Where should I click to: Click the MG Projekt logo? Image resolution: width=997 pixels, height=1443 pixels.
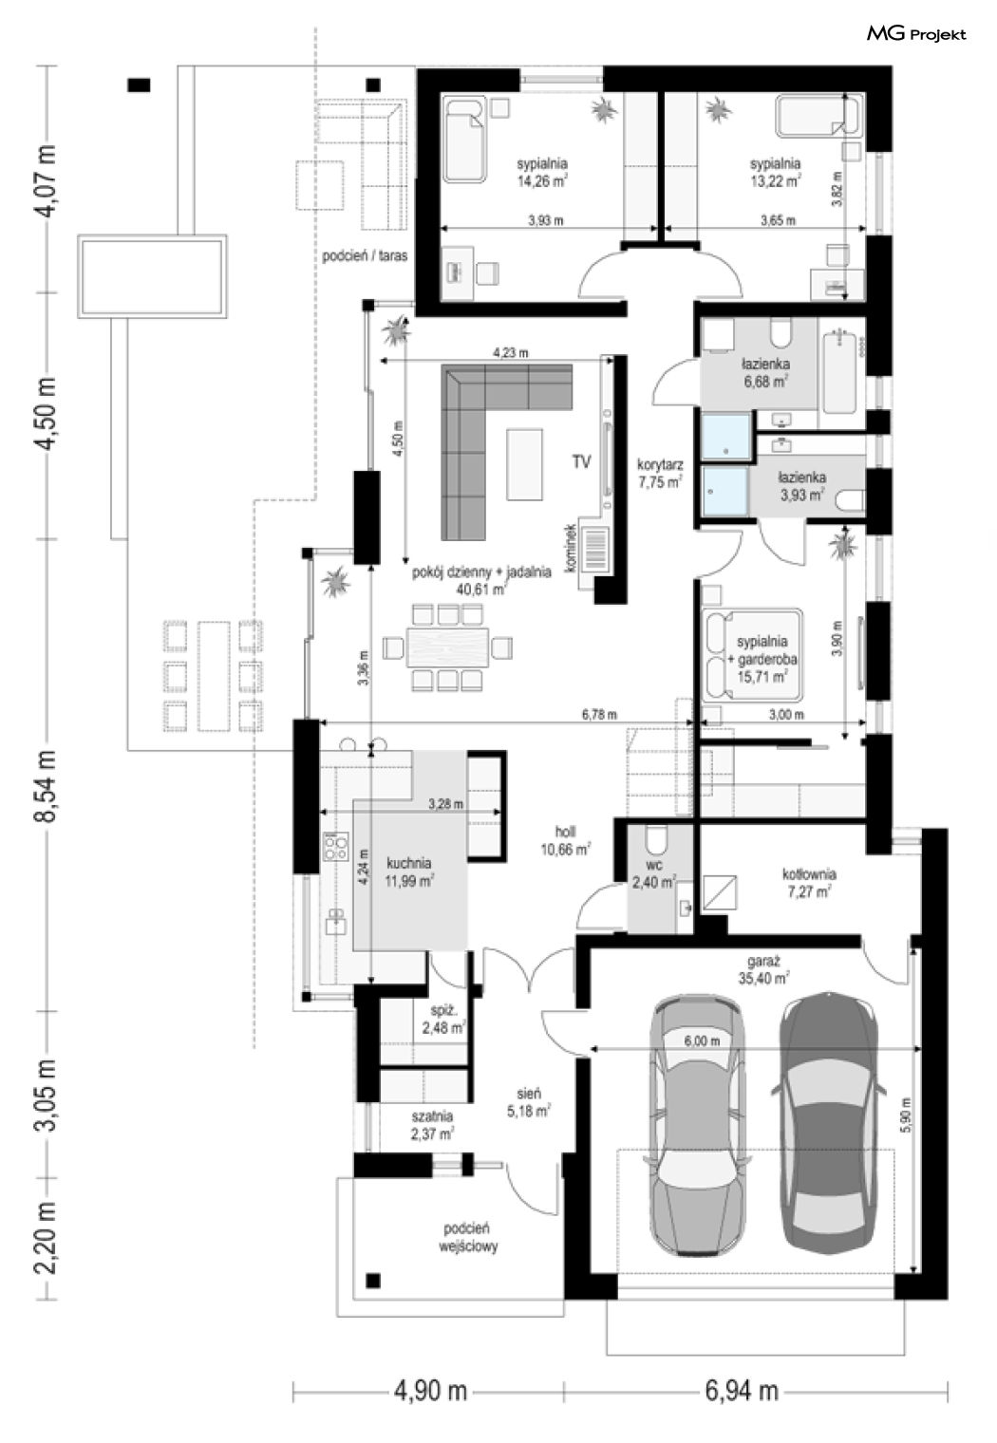[x=915, y=33]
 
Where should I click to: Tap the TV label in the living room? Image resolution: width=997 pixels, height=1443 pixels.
[x=581, y=461]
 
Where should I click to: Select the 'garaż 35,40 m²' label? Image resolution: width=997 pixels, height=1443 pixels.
[x=763, y=969]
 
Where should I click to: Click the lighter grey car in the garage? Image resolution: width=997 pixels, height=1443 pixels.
[x=698, y=1125]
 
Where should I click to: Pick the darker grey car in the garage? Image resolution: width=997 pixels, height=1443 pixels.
[x=829, y=1122]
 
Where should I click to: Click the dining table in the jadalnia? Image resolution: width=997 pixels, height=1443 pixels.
[x=446, y=647]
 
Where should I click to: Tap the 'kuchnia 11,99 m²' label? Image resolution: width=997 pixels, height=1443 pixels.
[x=408, y=871]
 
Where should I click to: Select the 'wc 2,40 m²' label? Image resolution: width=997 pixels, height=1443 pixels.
[x=653, y=873]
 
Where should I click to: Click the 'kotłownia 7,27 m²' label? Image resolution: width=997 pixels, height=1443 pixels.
[x=809, y=883]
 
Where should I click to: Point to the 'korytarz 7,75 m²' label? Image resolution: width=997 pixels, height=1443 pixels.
[x=660, y=473]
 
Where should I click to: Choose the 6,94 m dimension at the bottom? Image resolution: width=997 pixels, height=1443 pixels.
[x=742, y=1391]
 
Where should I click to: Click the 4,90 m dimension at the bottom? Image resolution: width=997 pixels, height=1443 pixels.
[x=430, y=1391]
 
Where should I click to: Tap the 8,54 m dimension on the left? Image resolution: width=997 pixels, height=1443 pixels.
[x=47, y=786]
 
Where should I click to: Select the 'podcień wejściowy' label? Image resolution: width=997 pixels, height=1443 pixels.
[x=468, y=1237]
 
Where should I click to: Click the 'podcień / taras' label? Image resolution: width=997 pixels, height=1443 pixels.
[x=365, y=255]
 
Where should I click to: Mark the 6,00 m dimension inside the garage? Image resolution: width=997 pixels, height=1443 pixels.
[x=702, y=1040]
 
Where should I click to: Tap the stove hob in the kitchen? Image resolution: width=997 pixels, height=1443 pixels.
[x=336, y=846]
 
